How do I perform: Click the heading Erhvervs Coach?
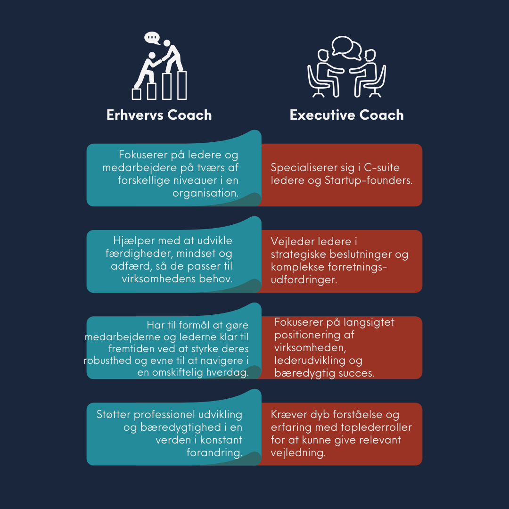pos(159,115)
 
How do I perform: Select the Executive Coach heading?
pos(346,115)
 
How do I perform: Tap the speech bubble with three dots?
pos(152,37)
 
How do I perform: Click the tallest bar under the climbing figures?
pos(181,85)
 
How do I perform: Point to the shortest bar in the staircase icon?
pos(137,94)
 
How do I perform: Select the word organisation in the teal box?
pos(205,193)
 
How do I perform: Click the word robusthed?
pos(109,361)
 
